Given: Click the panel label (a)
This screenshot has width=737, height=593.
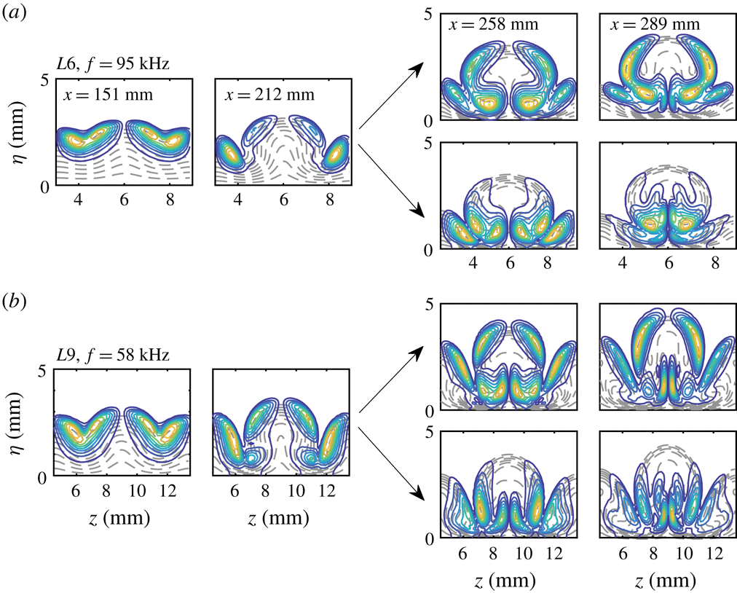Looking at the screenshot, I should pyautogui.click(x=16, y=12).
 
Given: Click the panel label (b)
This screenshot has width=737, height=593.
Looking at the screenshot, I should pyautogui.click(x=16, y=299).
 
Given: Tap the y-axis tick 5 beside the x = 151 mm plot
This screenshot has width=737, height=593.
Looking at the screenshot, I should pyautogui.click(x=42, y=79).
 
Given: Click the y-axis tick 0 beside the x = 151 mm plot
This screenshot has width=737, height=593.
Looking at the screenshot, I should pyautogui.click(x=42, y=186).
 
